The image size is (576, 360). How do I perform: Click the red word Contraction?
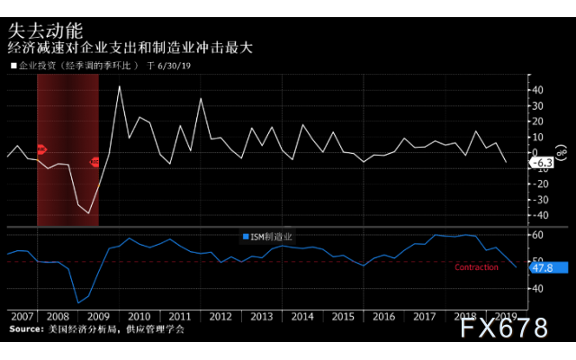point(477,267)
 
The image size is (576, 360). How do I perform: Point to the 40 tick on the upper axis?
point(536,90)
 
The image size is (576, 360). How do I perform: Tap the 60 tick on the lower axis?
point(536,235)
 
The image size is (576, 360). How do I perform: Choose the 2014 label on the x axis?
point(303,317)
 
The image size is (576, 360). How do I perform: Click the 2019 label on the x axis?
point(505,317)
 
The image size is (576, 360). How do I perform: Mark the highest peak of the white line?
point(120,86)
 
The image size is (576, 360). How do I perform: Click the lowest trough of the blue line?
point(78,302)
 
